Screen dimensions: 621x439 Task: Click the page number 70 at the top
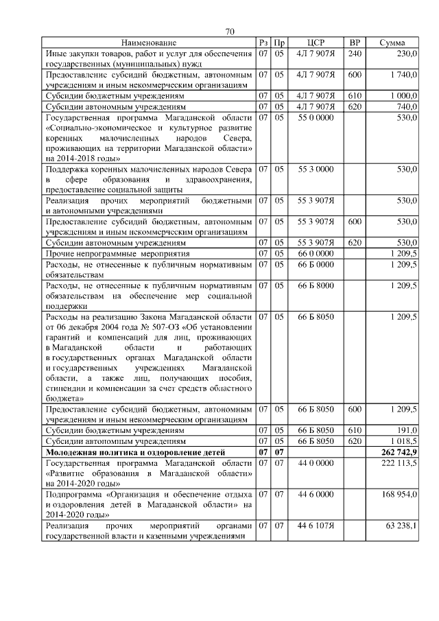pos(230,32)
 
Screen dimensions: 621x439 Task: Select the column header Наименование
pos(149,43)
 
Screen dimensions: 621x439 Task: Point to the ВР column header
pos(355,43)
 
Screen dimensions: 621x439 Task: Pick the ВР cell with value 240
pos(355,54)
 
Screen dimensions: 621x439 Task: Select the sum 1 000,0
pos(403,96)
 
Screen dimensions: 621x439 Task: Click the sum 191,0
pos(407,430)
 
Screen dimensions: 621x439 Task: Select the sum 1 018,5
pos(403,441)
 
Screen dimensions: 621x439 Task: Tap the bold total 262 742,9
pos(398,452)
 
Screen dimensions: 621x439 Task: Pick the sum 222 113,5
pos(399,463)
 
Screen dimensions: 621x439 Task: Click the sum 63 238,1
pos(401,526)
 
